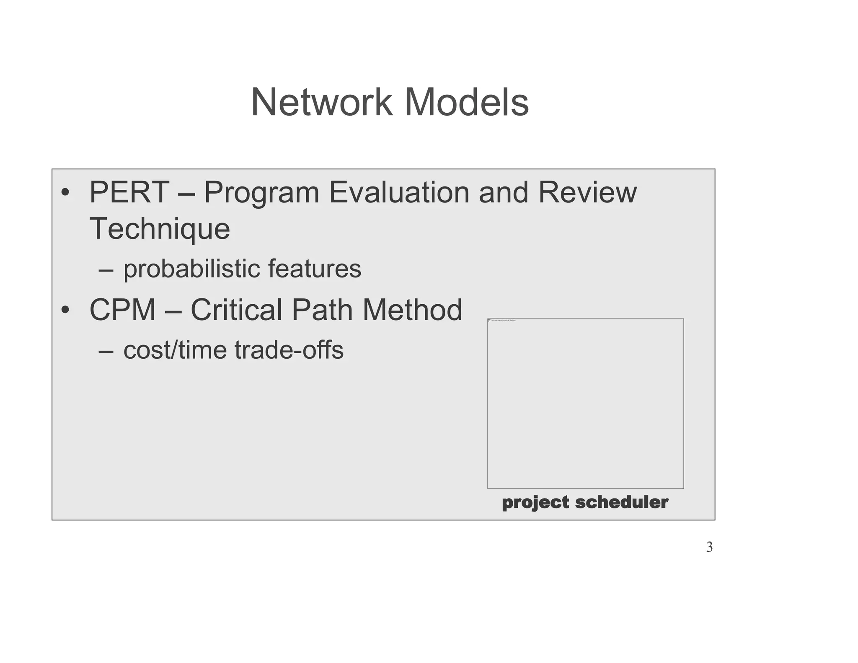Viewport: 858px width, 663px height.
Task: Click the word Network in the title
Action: click(x=321, y=102)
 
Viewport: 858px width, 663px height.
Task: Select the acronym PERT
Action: click(x=129, y=192)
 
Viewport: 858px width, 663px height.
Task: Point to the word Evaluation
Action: click(x=399, y=192)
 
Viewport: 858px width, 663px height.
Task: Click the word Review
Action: click(x=587, y=192)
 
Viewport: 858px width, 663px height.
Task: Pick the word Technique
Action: click(x=160, y=229)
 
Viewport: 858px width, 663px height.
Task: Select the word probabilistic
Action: click(x=191, y=269)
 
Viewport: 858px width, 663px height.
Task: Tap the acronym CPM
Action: click(x=122, y=310)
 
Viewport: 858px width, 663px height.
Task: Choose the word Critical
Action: click(x=236, y=310)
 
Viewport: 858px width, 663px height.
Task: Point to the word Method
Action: click(x=412, y=310)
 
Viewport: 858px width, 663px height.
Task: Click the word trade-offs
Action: click(x=289, y=350)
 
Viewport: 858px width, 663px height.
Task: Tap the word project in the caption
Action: click(x=535, y=502)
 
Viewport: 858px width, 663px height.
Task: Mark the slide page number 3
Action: click(x=709, y=547)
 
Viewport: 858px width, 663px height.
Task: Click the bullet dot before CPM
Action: click(x=65, y=311)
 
